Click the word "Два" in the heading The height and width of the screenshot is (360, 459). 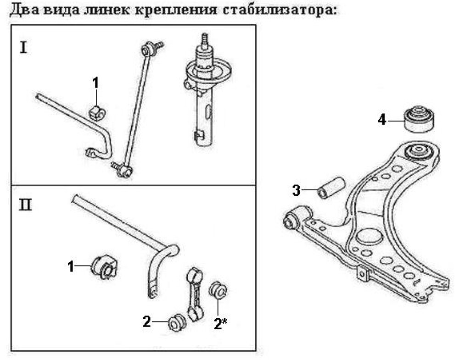pyautogui.click(x=23, y=10)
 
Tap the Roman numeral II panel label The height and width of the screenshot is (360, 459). pyautogui.click(x=26, y=204)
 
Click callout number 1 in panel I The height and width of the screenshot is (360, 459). pyautogui.click(x=95, y=83)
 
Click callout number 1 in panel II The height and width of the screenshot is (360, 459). pyautogui.click(x=71, y=266)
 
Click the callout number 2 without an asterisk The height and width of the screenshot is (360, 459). pyautogui.click(x=146, y=322)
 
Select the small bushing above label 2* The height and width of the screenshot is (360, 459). pyautogui.click(x=218, y=291)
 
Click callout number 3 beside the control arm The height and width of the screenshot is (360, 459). pyautogui.click(x=297, y=190)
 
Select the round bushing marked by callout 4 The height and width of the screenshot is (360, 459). pyautogui.click(x=419, y=119)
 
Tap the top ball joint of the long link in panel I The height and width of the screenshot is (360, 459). pyautogui.click(x=148, y=48)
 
